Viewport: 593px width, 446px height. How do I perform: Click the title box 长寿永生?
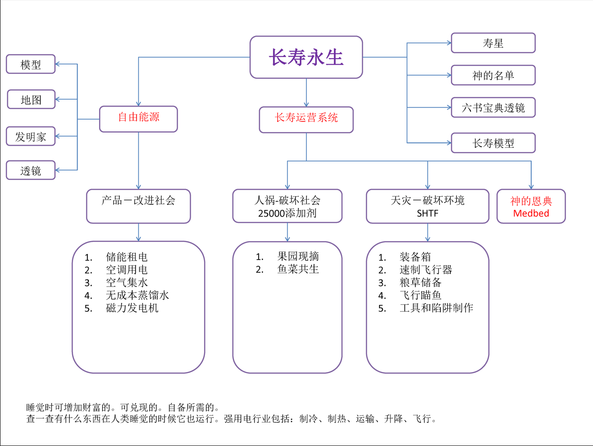[306, 57]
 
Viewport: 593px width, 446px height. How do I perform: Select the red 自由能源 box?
[138, 118]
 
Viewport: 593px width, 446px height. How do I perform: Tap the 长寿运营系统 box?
[306, 119]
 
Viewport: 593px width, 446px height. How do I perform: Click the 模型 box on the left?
[31, 64]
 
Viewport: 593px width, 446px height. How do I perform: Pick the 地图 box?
[31, 100]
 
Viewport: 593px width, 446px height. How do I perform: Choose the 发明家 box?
[31, 136]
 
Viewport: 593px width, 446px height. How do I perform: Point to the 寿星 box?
[493, 43]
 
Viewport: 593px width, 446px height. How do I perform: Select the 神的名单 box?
[493, 76]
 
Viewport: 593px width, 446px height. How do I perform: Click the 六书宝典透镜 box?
[493, 108]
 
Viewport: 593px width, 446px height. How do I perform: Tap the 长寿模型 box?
[493, 143]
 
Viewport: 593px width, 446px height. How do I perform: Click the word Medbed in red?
[531, 213]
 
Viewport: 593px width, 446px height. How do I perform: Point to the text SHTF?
[427, 213]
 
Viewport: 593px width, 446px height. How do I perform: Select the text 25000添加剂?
[287, 213]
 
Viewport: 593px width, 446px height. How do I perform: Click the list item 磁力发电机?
[132, 308]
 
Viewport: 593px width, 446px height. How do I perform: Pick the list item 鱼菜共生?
[298, 269]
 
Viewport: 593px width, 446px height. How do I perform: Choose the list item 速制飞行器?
[425, 269]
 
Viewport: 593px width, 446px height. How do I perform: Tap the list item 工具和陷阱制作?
[436, 308]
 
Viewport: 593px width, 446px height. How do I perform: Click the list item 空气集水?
[127, 283]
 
